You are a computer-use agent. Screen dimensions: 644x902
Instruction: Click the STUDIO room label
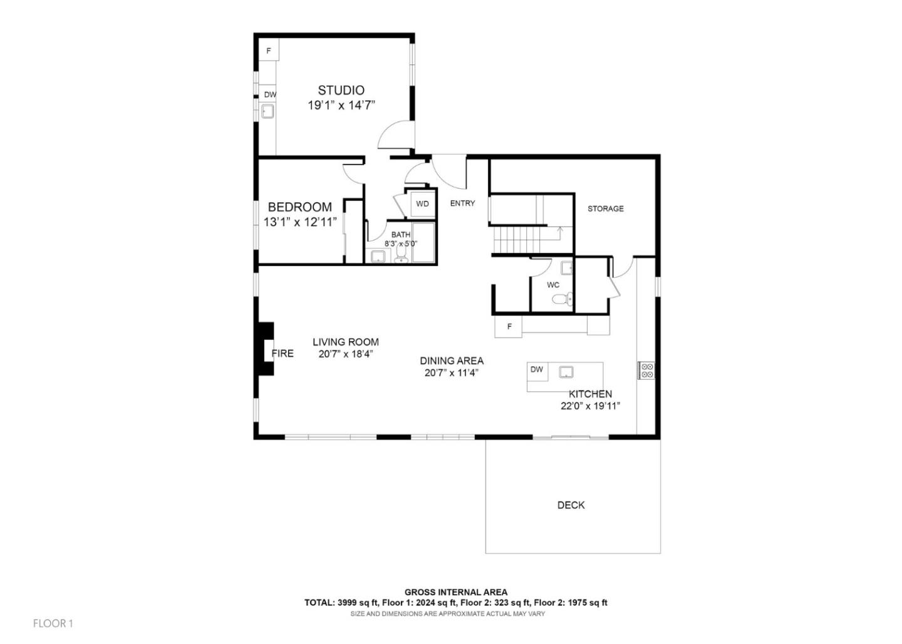341,90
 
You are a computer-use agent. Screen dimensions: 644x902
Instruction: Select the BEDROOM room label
300,207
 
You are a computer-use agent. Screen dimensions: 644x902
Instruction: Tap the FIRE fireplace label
283,354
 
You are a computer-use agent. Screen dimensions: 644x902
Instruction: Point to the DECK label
571,505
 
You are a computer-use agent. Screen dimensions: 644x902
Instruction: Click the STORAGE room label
605,208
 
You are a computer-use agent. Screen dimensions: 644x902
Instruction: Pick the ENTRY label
462,203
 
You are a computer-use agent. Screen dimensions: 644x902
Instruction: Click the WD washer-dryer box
423,204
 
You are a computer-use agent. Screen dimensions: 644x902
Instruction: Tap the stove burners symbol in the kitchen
646,371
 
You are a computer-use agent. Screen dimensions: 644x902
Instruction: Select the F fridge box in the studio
269,51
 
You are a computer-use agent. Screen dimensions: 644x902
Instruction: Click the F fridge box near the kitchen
509,327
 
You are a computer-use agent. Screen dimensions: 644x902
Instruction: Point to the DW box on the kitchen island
537,370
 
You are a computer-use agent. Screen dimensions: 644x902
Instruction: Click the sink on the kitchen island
567,372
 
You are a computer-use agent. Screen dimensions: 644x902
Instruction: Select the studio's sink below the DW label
268,112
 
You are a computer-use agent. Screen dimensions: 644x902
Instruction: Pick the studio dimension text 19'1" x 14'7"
341,105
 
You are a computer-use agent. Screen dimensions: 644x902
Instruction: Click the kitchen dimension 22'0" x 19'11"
590,406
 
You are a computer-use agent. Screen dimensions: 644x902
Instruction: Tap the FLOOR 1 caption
53,623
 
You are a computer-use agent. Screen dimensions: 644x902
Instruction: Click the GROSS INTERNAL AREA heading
455,592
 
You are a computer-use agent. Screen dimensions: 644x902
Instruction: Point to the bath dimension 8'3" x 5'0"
401,243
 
